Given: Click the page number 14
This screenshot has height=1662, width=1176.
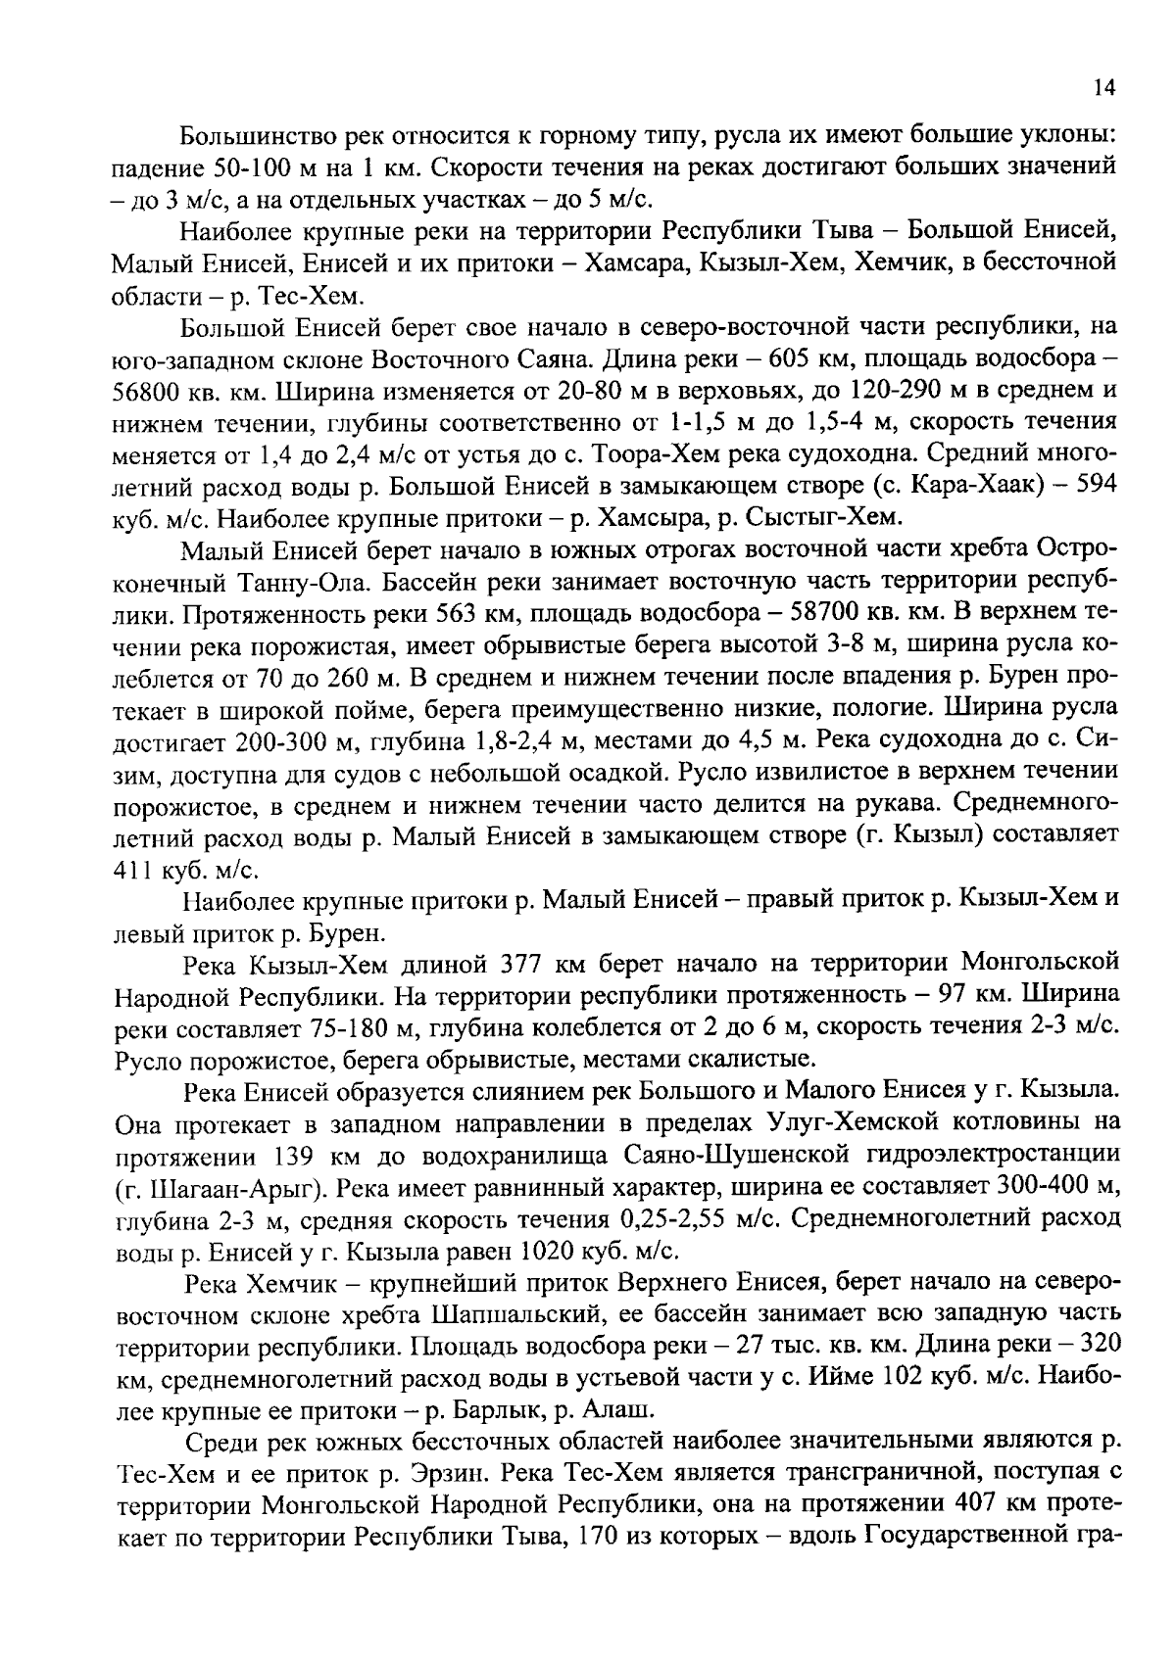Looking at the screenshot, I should [x=1103, y=89].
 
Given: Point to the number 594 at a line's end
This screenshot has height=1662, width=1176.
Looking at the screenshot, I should [x=1097, y=487].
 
